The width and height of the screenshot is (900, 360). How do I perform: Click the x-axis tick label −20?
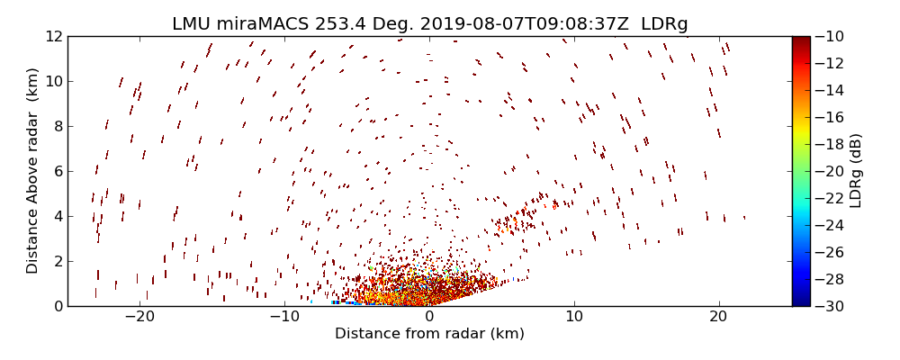(x=139, y=317)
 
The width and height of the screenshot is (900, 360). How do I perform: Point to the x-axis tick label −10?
(x=284, y=317)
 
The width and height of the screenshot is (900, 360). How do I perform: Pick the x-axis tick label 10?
(x=574, y=317)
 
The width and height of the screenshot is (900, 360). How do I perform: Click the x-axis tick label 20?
(x=718, y=317)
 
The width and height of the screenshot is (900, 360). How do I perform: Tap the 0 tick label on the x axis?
(x=429, y=317)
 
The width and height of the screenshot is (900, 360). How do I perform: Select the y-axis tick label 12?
(x=52, y=36)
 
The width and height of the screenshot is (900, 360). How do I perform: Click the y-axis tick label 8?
(x=56, y=126)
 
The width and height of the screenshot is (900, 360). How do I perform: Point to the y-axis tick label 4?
(x=56, y=216)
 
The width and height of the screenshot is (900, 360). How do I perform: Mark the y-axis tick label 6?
(x=56, y=171)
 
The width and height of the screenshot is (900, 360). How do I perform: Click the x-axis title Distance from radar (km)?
(x=429, y=334)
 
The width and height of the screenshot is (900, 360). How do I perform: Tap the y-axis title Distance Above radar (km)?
(x=32, y=171)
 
